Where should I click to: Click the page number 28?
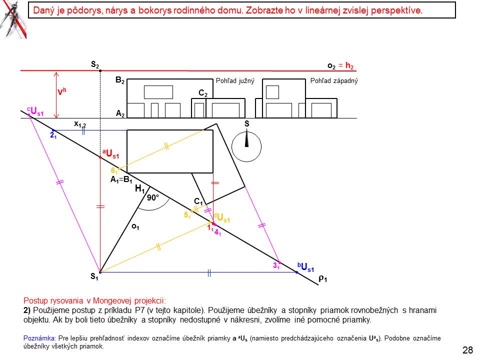[467, 350]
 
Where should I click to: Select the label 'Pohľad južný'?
[235, 81]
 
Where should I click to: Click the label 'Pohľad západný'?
[334, 81]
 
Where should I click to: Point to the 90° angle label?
[153, 198]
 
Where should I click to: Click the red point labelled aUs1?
[100, 157]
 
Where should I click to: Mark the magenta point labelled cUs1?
[29, 115]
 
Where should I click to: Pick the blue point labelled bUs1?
[296, 272]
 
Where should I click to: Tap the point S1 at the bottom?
[100, 272]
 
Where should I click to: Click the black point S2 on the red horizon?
[100, 70]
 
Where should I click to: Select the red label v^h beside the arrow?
[61, 91]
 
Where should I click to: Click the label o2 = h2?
[340, 66]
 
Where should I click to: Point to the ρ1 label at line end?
[322, 278]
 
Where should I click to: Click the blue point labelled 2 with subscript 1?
[53, 130]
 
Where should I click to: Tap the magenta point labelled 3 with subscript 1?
[279, 263]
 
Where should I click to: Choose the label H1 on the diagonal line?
[139, 188]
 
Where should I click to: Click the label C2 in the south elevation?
[203, 93]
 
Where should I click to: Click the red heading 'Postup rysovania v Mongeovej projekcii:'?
[94, 300]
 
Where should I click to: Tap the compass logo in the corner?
[13, 19]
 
